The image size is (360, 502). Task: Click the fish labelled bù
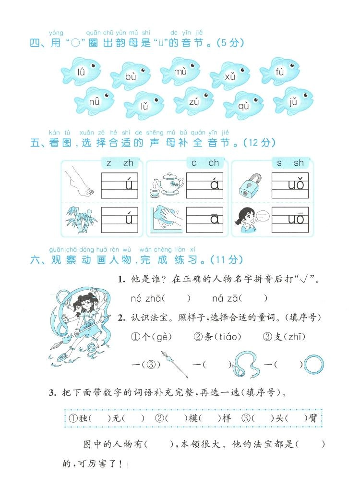(131, 75)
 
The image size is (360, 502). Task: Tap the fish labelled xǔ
(230, 75)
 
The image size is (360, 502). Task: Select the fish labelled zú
(193, 101)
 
